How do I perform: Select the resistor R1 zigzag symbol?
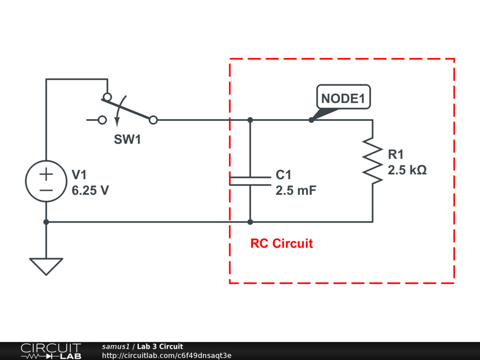point(373,159)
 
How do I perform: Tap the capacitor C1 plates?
point(250,181)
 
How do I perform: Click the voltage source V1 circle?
point(46,181)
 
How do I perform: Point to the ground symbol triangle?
point(46,266)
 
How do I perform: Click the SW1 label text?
point(127,140)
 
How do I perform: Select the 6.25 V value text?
point(90,191)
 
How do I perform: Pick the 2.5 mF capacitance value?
point(296,191)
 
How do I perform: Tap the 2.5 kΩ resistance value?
point(407,170)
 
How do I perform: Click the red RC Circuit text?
point(281,243)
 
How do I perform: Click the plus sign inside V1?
point(46,174)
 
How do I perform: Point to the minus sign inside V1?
point(46,190)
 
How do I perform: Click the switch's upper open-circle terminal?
point(107,97)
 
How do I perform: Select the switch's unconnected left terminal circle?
point(102,120)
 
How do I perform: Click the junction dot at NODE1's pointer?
point(311,120)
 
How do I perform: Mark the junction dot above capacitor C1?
point(250,120)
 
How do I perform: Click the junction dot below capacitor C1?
point(250,222)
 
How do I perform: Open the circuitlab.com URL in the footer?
point(166,355)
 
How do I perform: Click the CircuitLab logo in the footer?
point(50,351)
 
